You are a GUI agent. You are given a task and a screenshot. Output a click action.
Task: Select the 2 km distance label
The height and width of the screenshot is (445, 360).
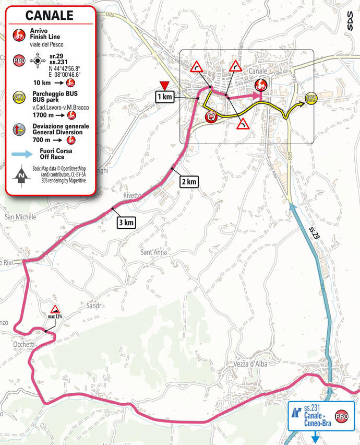tap(189, 181)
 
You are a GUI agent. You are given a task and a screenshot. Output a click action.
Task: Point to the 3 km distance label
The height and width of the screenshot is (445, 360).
tap(126, 223)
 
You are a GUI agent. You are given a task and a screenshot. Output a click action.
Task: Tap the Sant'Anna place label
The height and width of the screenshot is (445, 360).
tap(153, 253)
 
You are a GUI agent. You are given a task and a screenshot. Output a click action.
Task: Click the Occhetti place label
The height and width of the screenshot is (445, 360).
tap(24, 345)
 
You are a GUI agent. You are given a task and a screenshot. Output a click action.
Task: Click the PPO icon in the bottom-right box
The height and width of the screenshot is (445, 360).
tap(342, 416)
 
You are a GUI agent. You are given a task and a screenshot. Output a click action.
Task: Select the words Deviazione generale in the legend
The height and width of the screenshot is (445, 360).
tap(59, 126)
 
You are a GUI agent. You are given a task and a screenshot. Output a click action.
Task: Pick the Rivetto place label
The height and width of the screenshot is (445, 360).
tap(133, 195)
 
